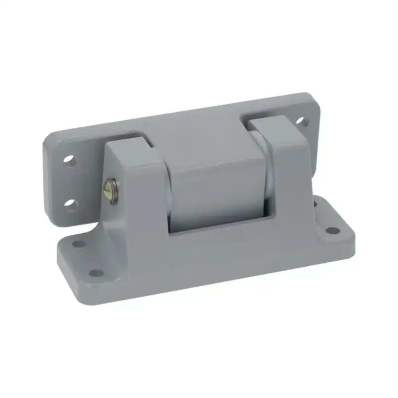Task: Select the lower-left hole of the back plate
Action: pos(70,204)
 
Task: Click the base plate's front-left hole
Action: pos(97,273)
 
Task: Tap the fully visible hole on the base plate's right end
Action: pos(331,231)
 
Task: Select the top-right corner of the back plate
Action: pos(313,97)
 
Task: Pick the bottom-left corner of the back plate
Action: pos(50,221)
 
